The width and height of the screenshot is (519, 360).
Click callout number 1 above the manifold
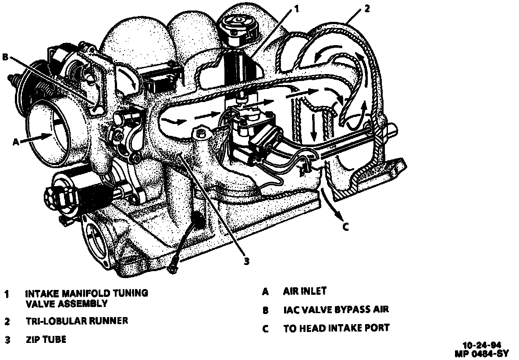[x=297, y=9]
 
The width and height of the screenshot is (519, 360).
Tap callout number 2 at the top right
[x=367, y=9]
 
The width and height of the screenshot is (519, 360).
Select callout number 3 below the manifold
[x=247, y=261]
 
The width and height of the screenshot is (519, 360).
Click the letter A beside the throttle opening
[x=16, y=141]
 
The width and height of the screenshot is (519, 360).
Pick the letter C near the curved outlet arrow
[x=345, y=226]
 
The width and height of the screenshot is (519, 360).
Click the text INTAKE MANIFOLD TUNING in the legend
[x=86, y=293]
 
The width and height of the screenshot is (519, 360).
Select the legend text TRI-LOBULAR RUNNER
[x=77, y=321]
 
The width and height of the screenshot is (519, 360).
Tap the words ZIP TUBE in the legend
[x=46, y=339]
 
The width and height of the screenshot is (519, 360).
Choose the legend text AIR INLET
[x=305, y=291]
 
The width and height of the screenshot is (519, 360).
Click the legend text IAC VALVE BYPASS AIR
[x=336, y=310]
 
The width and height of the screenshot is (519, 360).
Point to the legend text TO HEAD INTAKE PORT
[x=336, y=328]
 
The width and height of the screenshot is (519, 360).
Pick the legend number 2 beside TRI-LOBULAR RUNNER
[x=7, y=321]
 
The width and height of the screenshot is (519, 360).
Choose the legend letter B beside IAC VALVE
[x=265, y=311]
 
